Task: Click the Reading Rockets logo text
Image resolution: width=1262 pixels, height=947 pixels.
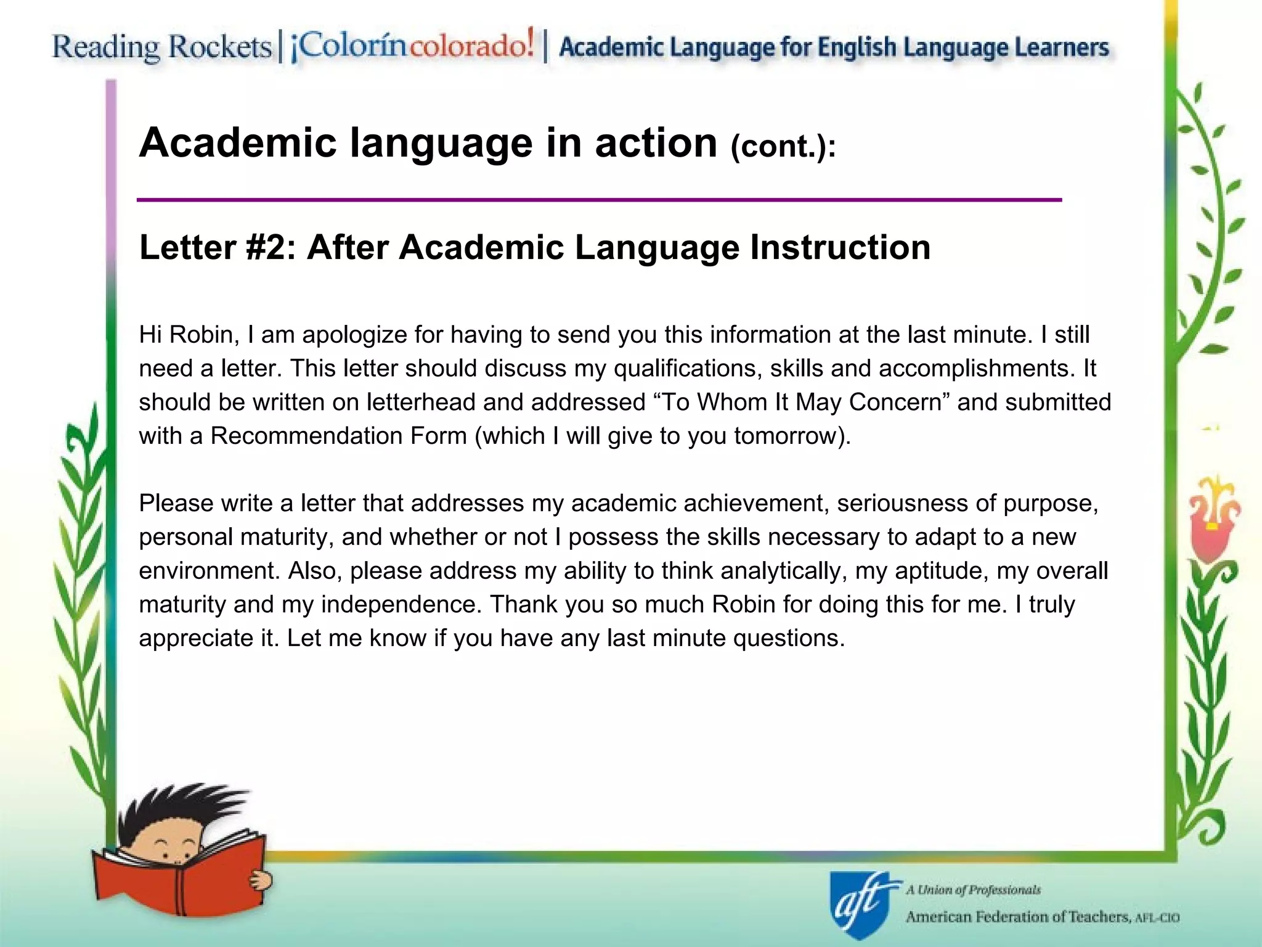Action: pos(161,47)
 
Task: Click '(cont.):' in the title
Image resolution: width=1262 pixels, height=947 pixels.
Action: pos(783,147)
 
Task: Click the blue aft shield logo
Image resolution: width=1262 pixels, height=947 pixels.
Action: pos(860,904)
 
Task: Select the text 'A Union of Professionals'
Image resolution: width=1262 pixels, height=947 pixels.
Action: pos(973,890)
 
